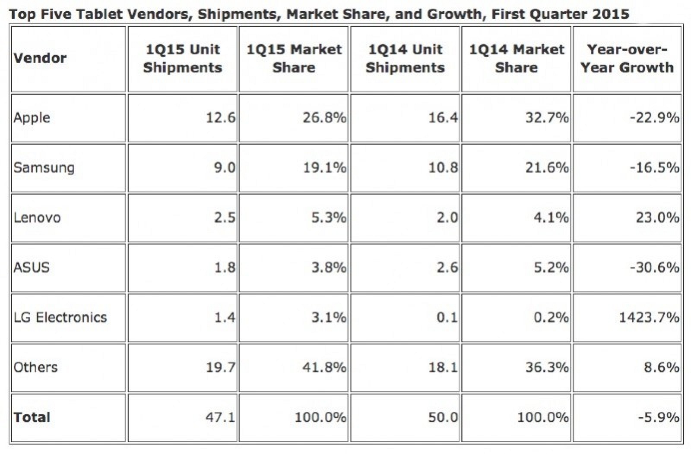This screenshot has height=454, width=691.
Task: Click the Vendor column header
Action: click(40, 58)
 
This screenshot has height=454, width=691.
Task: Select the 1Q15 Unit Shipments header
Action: click(183, 59)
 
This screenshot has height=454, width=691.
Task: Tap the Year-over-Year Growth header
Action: click(627, 59)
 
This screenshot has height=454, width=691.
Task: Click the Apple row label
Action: click(32, 118)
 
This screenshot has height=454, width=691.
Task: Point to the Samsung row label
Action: click(44, 167)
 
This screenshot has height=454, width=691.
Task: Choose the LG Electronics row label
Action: click(60, 318)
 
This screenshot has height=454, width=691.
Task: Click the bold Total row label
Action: click(32, 417)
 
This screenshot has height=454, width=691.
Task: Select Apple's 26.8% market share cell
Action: click(324, 118)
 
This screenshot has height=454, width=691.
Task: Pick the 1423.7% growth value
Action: click(649, 318)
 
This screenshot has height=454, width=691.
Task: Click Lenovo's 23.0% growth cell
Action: click(657, 218)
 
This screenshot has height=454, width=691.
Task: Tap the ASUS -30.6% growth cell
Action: click(655, 268)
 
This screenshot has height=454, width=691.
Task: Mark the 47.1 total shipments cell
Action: click(220, 417)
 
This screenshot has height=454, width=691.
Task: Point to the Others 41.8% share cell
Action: click(324, 367)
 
